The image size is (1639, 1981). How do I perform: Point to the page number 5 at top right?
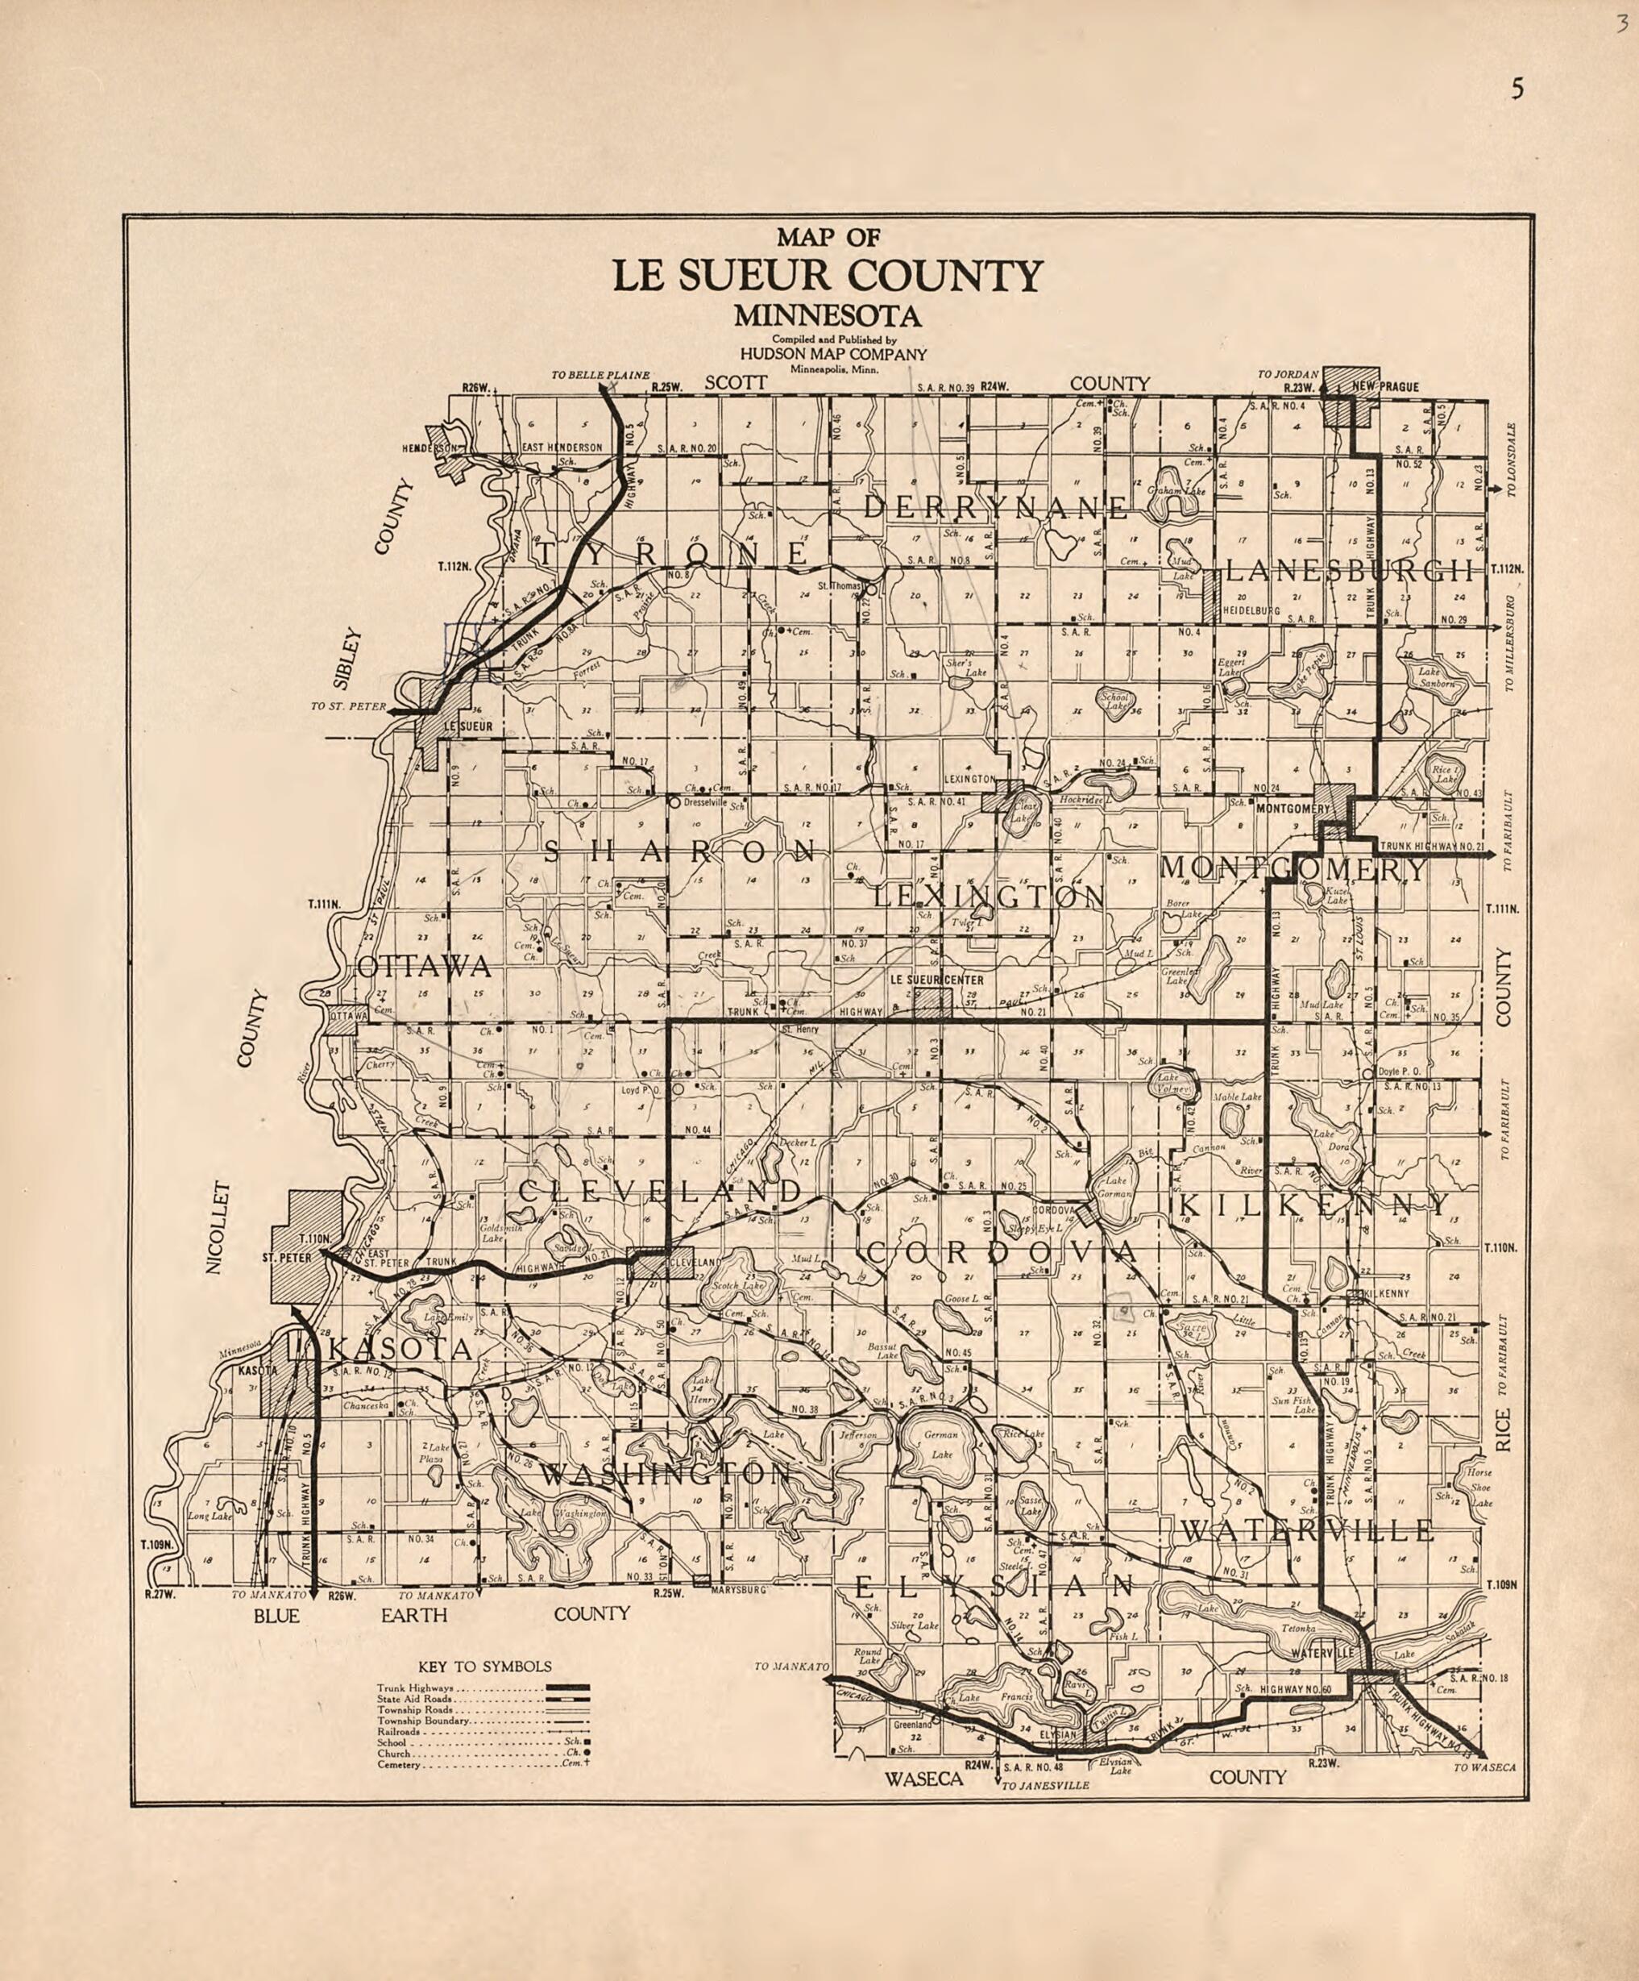tap(1517, 89)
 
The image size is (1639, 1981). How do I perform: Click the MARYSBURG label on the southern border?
tap(741, 1589)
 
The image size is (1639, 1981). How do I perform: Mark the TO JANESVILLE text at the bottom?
tap(1044, 1787)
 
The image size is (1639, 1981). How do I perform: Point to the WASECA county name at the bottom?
tap(923, 1779)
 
